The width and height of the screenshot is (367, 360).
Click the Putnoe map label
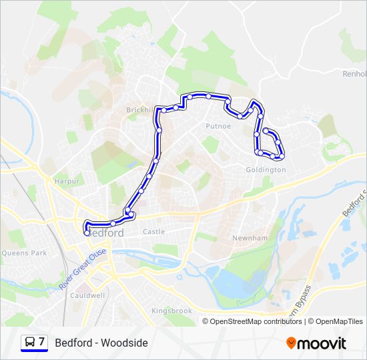[218, 125]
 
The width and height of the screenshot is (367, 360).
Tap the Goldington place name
[265, 170]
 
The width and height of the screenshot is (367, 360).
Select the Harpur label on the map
[67, 181]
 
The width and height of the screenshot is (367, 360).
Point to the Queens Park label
[24, 253]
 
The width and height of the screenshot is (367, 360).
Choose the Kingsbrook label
[171, 311]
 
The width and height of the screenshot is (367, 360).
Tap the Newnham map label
[250, 238]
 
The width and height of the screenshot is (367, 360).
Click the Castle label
[153, 232]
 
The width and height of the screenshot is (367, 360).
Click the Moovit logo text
[322, 343]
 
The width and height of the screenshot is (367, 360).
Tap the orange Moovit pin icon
[291, 343]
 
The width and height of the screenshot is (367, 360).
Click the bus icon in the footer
[29, 343]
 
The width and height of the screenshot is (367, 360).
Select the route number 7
[42, 342]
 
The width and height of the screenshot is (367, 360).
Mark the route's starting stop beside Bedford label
[87, 233]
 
